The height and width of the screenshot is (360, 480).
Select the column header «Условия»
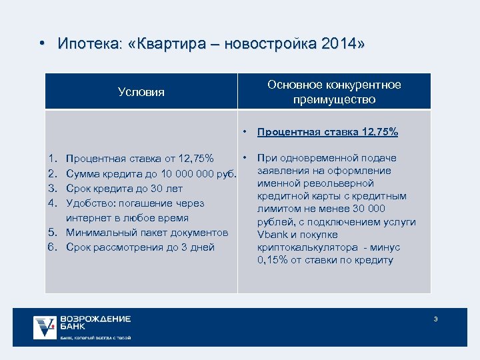coord(141,92)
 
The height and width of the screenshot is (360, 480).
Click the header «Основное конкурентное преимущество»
coord(334,92)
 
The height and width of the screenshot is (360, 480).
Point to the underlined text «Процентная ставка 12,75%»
coord(327,132)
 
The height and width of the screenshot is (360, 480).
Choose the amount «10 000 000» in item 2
coord(181,173)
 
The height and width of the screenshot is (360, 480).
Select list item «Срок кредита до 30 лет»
coord(125,188)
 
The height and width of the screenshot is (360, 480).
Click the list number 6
coord(52,247)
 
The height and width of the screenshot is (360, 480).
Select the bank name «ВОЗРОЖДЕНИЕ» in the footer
coord(95,319)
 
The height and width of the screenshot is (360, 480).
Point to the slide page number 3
coord(435,319)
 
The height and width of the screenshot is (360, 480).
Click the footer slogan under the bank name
coord(95,338)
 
